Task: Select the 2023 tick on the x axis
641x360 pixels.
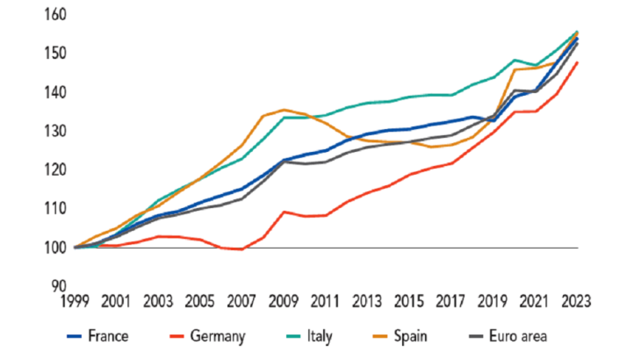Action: [x=576, y=301]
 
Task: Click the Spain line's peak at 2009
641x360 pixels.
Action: [x=284, y=110]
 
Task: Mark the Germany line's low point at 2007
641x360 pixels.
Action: [x=241, y=249]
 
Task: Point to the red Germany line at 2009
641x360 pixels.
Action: [x=282, y=212]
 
